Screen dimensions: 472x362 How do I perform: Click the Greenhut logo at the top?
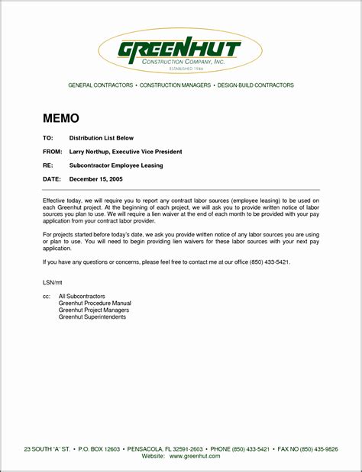[x=180, y=52]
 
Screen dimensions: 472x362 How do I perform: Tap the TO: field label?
[x=47, y=139]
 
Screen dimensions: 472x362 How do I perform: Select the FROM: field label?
[x=52, y=152]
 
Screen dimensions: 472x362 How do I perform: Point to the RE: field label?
[x=47, y=165]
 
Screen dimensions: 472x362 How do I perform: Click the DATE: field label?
[x=51, y=178]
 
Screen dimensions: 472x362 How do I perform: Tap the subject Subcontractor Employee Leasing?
[x=116, y=165]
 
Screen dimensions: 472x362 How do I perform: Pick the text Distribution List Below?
[x=102, y=139]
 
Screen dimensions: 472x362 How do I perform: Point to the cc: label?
[x=47, y=295]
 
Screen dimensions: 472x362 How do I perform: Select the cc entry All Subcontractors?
[x=82, y=295]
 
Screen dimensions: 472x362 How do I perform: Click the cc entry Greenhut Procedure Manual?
[x=95, y=303]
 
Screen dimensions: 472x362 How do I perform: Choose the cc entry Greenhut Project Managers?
[x=94, y=310]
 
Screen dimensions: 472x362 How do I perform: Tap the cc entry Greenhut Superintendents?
[x=92, y=316]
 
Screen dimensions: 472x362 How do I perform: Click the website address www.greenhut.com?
[x=195, y=455]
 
